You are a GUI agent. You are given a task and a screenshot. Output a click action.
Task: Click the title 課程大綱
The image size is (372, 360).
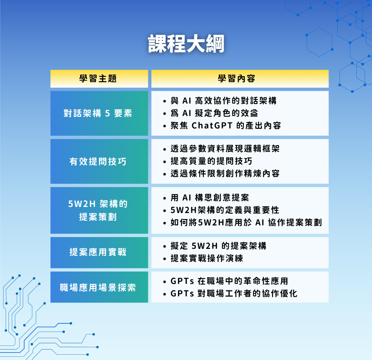pyautogui.click(x=186, y=44)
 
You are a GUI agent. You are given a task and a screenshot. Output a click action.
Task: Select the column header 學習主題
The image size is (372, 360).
pyautogui.click(x=98, y=78)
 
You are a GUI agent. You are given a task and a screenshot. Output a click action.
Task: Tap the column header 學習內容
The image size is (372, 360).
pyautogui.click(x=237, y=78)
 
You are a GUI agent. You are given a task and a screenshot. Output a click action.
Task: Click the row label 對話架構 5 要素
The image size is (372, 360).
pyautogui.click(x=98, y=113)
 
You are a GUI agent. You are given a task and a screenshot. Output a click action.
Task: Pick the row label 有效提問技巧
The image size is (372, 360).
pyautogui.click(x=98, y=162)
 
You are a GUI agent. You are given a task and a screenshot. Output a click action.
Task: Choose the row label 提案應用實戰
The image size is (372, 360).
pyautogui.click(x=98, y=252)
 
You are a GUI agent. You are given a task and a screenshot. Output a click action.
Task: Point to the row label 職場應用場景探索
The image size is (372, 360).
pyautogui.click(x=98, y=288)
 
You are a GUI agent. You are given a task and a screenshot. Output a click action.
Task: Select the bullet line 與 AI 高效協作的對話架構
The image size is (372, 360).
pyautogui.click(x=223, y=101)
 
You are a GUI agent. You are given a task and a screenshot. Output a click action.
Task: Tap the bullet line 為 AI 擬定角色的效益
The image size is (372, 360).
pyautogui.click(x=214, y=113)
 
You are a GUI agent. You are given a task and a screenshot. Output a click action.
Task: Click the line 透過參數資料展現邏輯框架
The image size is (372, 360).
pyautogui.click(x=225, y=149)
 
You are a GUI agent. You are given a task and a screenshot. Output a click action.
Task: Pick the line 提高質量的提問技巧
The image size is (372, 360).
pyautogui.click(x=211, y=161)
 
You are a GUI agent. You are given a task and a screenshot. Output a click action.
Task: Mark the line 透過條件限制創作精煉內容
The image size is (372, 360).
pyautogui.click(x=225, y=173)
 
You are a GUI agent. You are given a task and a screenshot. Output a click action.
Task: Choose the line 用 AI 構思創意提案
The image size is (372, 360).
pyautogui.click(x=210, y=197)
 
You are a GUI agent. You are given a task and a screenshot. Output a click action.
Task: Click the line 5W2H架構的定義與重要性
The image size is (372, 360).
pyautogui.click(x=225, y=210)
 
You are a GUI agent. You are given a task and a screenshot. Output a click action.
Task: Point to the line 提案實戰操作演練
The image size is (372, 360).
pyautogui.click(x=207, y=258)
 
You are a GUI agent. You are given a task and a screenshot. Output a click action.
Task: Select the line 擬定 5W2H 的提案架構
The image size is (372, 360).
pyautogui.click(x=218, y=246)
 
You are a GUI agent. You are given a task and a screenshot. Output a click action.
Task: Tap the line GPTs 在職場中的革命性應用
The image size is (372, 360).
pyautogui.click(x=229, y=281)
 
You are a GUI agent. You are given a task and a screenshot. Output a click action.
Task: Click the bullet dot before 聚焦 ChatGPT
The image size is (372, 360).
pyautogui.click(x=165, y=126)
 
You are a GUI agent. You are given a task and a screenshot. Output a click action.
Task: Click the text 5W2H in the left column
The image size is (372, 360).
pyautogui.click(x=82, y=204)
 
